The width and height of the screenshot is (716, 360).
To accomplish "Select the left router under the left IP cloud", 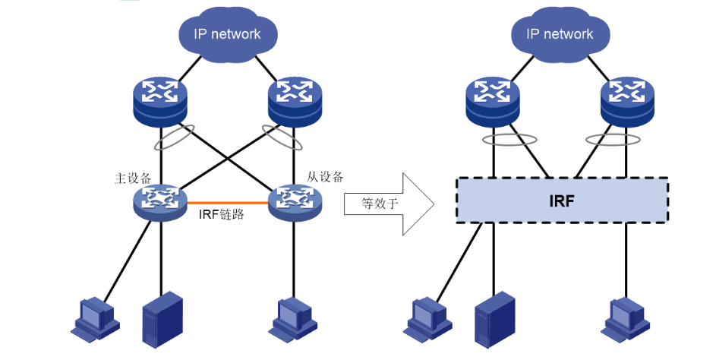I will click(159, 102).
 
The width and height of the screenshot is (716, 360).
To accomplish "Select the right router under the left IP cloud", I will click(293, 102).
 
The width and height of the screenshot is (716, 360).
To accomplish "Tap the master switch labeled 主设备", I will click(161, 201).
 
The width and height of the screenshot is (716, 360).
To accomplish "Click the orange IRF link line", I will click(228, 203).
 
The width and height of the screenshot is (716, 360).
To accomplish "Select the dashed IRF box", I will click(562, 201).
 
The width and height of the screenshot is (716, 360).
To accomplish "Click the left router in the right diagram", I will click(493, 102).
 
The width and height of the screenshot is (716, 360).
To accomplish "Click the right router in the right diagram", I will click(626, 102).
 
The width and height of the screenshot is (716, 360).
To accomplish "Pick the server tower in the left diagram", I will click(162, 318).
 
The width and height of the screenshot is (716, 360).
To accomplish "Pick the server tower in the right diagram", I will click(495, 318).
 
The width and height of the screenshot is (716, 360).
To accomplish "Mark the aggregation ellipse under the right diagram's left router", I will click(509, 140).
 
